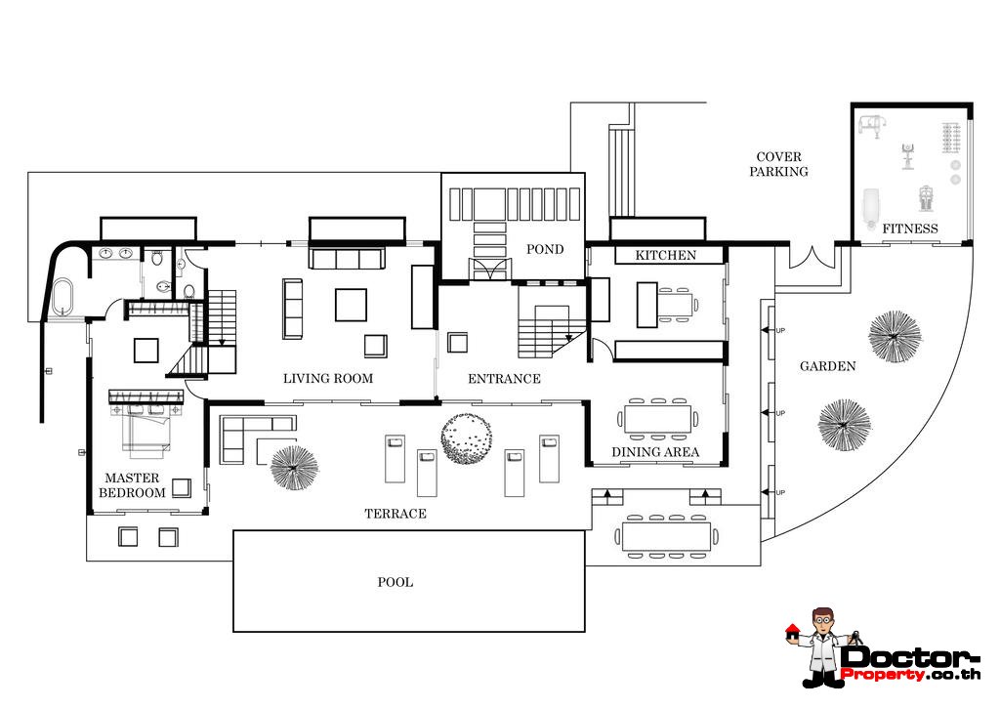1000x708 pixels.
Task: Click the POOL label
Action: click(x=395, y=582)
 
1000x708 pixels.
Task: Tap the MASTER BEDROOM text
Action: click(x=132, y=485)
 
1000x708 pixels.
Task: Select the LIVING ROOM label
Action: click(x=328, y=378)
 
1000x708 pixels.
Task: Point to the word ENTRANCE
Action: click(x=504, y=379)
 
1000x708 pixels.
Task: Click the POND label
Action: click(x=545, y=249)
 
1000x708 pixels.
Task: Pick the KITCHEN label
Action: click(x=665, y=255)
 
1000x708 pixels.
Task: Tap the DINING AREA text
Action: click(x=655, y=452)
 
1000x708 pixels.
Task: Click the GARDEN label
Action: click(x=827, y=366)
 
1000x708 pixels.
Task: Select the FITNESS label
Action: click(x=910, y=229)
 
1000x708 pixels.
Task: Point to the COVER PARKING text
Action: click(x=778, y=164)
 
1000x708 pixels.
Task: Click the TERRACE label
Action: click(x=396, y=514)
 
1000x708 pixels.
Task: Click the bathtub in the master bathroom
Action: click(x=63, y=297)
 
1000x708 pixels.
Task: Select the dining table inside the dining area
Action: click(x=657, y=419)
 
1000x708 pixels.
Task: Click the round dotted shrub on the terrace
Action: click(x=466, y=438)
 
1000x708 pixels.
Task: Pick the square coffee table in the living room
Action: click(x=351, y=305)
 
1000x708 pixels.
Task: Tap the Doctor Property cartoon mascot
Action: click(x=820, y=646)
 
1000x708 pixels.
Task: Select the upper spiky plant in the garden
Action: click(x=895, y=336)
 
